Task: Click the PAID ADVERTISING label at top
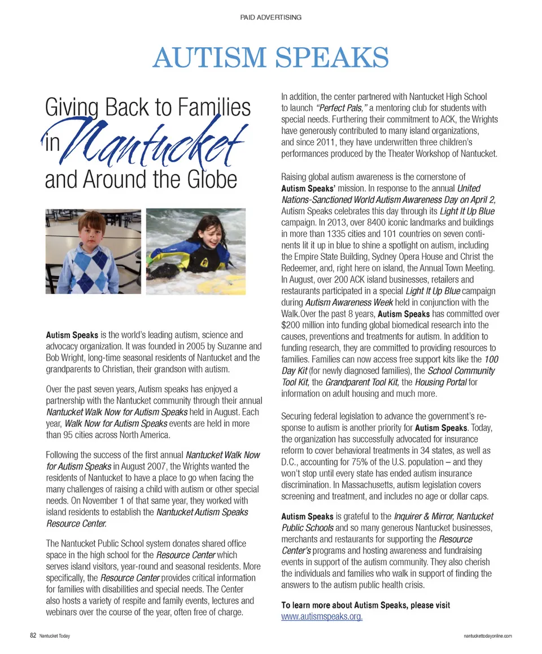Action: click(270, 17)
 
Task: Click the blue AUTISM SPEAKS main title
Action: click(270, 58)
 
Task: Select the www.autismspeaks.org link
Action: click(322, 616)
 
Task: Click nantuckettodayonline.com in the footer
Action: click(487, 636)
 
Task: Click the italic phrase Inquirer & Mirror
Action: click(423, 516)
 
